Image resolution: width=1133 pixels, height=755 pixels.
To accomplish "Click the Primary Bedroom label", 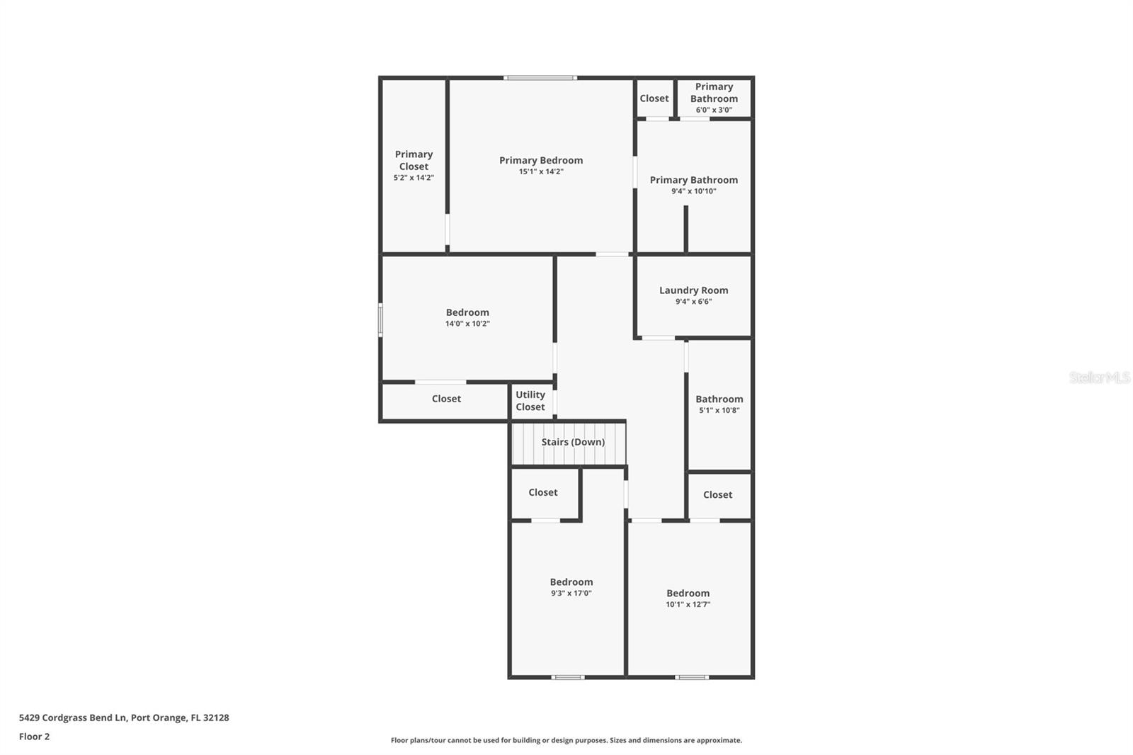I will tap(541, 160).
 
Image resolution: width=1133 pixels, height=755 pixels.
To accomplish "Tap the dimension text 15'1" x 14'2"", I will tap(541, 172).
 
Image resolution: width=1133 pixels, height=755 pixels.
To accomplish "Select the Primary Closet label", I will tap(414, 160).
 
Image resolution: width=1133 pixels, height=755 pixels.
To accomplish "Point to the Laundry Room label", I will tap(693, 290).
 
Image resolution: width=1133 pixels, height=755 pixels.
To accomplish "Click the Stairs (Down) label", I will tap(573, 442).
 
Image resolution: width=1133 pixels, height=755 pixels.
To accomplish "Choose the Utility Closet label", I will tap(530, 401).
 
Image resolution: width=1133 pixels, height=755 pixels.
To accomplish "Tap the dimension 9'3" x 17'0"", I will tap(571, 594).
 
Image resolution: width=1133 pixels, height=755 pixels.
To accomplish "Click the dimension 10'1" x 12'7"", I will tap(688, 605).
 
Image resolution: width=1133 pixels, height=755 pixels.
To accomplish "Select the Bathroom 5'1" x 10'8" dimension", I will tap(719, 411).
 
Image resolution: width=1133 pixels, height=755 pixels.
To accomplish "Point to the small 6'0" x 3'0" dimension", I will tap(714, 110).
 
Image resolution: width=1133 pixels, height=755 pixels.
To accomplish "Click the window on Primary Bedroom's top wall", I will tap(540, 78).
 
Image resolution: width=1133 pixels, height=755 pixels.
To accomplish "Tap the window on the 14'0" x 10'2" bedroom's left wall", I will tap(380, 319).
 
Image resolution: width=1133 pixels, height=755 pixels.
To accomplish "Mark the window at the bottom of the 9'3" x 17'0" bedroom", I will tap(568, 678).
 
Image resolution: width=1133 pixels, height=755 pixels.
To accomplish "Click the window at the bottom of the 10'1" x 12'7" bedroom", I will tap(692, 678).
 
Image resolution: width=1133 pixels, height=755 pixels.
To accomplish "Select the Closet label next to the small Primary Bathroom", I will tap(654, 98).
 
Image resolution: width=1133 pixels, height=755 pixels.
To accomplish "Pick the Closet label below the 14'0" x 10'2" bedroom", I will tap(446, 399).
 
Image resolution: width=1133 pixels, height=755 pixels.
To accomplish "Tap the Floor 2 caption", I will tap(34, 737).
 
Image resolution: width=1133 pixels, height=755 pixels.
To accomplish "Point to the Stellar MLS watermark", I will tap(1099, 377).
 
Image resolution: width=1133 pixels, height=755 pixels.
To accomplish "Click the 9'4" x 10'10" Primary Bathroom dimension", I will tap(694, 191).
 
